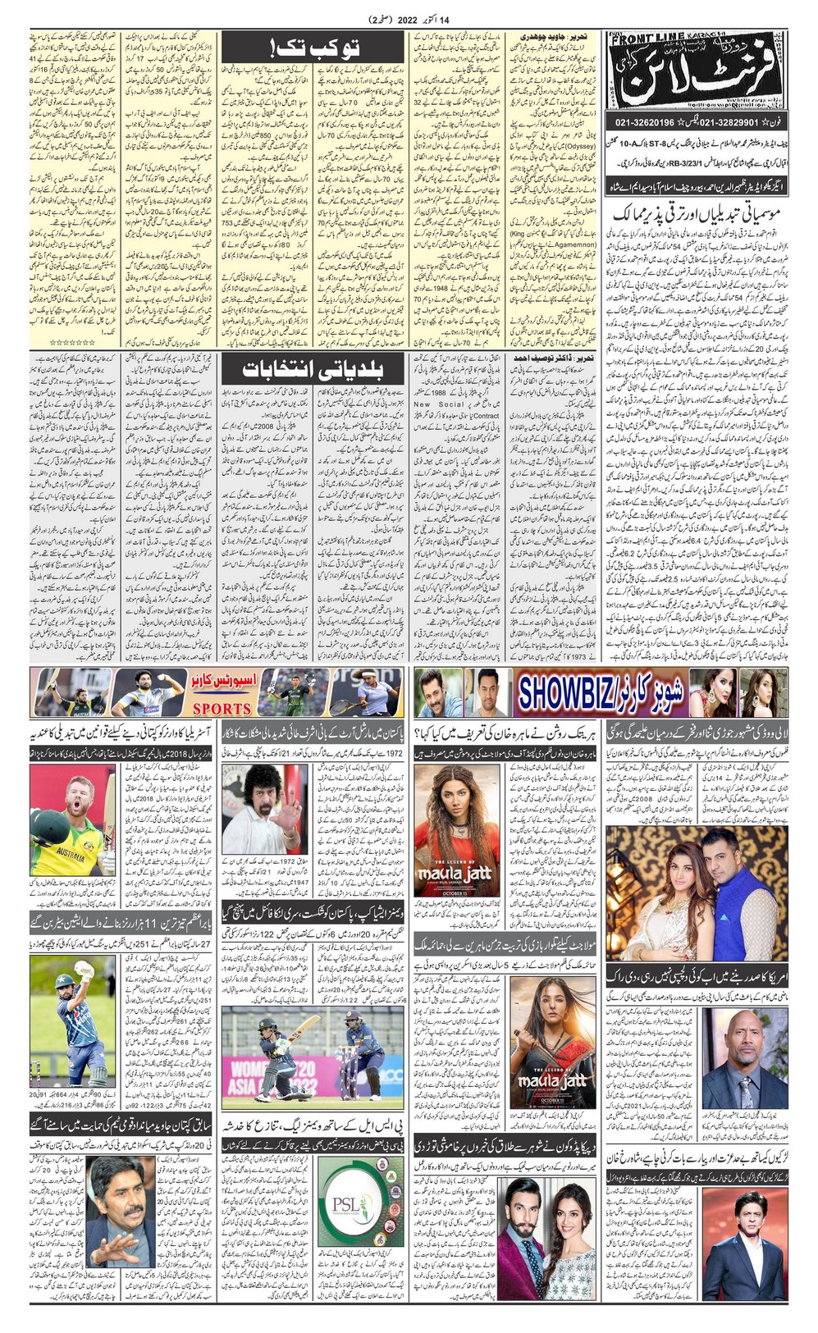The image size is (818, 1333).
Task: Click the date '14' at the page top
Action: click(468, 19)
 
